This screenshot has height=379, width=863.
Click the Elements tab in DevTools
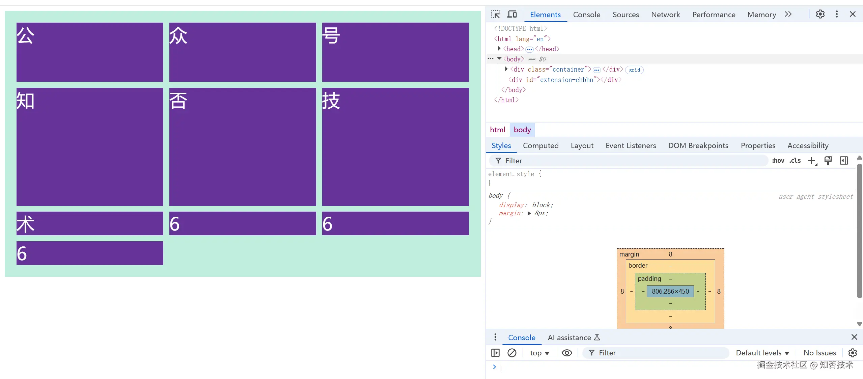coord(545,15)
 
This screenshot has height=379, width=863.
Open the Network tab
coord(665,15)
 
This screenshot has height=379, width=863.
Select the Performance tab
coord(714,15)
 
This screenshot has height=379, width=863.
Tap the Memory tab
coord(761,15)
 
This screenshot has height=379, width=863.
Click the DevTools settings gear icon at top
coord(820,14)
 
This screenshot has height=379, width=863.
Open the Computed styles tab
coord(540,145)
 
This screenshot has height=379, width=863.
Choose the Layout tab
coord(582,145)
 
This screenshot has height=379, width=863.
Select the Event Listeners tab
coord(631,145)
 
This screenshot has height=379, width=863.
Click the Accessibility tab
coord(808,145)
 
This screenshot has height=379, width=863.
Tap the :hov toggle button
coord(778,161)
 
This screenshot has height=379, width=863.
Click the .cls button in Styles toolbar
coord(795,161)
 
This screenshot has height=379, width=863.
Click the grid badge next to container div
coord(634,70)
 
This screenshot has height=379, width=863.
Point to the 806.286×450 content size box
coord(670,291)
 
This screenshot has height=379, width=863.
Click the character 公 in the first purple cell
coord(26,35)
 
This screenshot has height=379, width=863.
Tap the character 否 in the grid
coord(178,101)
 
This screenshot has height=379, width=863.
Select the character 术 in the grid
coord(26,224)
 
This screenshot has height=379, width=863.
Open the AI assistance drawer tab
coord(574,337)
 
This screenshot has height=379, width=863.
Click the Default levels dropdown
coord(762,353)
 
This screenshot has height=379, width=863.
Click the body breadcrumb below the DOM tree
coord(522,130)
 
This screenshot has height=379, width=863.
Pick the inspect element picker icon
coord(495,14)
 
